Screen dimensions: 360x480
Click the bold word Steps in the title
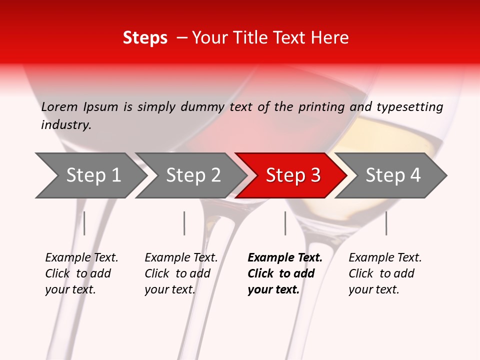tap(145, 38)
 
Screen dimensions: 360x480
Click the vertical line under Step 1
tap(84, 223)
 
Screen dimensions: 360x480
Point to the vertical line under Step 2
tap(184, 223)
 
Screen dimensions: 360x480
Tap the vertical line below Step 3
tap(285, 223)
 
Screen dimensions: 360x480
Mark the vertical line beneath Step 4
tap(386, 223)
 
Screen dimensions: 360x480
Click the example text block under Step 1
tap(81, 273)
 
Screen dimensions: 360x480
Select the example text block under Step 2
tap(180, 273)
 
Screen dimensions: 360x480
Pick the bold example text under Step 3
tap(284, 273)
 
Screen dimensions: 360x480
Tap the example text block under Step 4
tap(384, 273)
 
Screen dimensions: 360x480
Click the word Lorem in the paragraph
tap(59, 107)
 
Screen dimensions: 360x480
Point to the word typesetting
tap(409, 107)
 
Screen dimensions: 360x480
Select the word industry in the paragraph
tap(66, 125)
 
